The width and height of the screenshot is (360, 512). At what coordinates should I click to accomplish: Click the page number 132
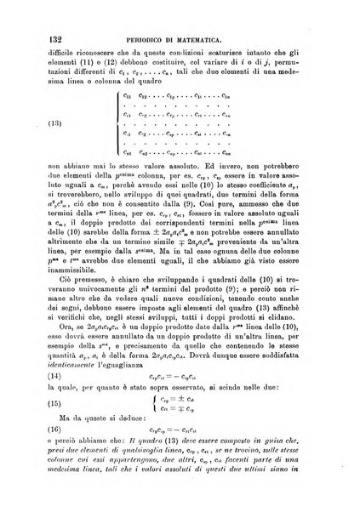pyautogui.click(x=31, y=15)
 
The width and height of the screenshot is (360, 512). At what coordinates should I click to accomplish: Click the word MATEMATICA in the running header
pyautogui.click(x=214, y=16)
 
